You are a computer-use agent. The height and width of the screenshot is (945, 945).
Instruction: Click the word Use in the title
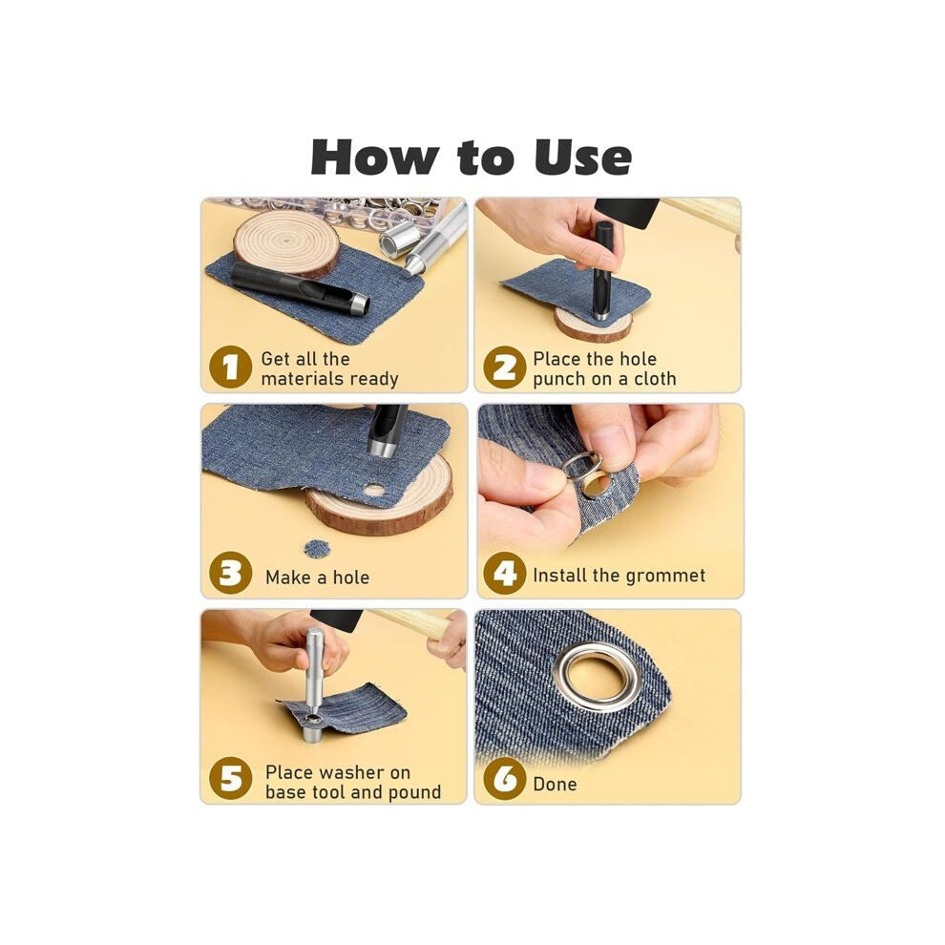coord(582,157)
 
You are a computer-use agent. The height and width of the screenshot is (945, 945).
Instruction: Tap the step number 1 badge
coord(230,367)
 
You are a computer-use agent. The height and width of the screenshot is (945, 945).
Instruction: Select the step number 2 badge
coord(504,367)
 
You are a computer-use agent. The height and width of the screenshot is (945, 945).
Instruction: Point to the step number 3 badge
coord(230,573)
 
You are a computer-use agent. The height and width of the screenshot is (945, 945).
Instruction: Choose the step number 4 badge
coord(504,573)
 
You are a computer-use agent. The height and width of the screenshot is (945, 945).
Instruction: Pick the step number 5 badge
coord(230,779)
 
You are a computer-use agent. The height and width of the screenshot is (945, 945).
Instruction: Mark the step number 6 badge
coord(504,779)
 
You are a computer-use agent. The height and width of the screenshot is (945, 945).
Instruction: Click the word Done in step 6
coord(555,784)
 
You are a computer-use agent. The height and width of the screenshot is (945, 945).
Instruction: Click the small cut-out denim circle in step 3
coord(317,549)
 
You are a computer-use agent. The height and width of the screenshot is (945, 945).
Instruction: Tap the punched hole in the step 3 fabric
coord(374,490)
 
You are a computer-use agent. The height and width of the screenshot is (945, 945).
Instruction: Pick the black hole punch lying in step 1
coord(300,288)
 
